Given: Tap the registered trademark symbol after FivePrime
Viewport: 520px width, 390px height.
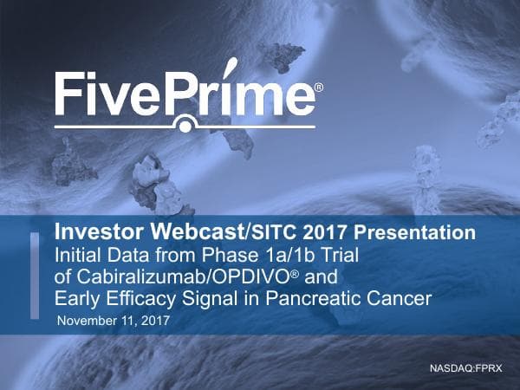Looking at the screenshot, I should click(318, 88).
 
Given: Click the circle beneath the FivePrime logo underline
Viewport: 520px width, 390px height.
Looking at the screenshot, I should click(185, 126).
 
